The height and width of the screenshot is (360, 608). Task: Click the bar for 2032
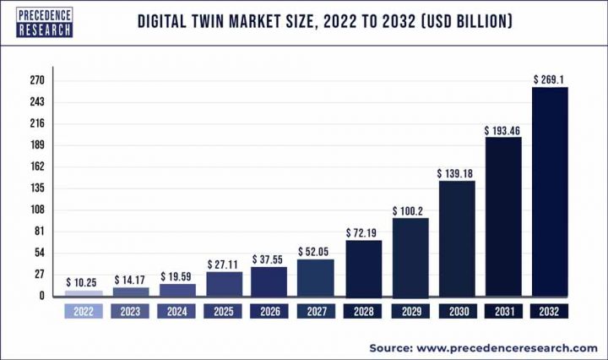(549, 191)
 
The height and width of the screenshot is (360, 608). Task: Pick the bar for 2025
(225, 284)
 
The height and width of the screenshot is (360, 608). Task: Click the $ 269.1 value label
(549, 79)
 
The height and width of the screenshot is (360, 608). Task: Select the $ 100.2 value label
(410, 210)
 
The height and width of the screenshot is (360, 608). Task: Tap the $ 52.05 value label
(317, 252)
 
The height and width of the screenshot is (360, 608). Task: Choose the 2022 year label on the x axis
(84, 311)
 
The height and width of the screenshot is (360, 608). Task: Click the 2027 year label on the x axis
(317, 311)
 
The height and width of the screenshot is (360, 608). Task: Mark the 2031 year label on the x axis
(502, 311)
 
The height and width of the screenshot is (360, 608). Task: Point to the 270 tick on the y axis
(37, 80)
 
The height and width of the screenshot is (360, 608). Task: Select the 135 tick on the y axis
(37, 188)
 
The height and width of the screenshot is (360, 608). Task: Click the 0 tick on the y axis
(41, 296)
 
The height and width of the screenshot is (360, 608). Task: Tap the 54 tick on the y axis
(39, 253)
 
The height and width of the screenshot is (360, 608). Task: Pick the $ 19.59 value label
(177, 276)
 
